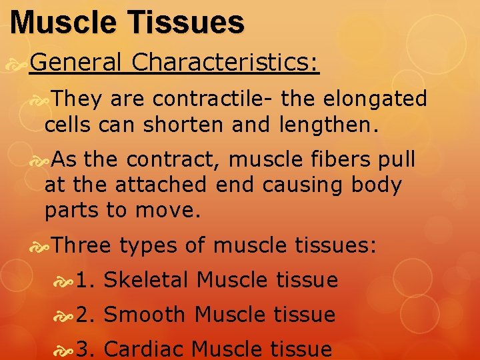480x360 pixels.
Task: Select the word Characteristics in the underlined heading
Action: click(x=225, y=63)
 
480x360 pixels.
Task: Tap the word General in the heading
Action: click(x=75, y=63)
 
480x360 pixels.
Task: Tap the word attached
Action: click(x=161, y=185)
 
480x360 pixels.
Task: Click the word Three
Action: click(x=81, y=245)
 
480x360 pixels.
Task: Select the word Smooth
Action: click(x=147, y=314)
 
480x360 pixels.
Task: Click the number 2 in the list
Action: click(x=83, y=315)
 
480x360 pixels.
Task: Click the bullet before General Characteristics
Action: click(x=20, y=64)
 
